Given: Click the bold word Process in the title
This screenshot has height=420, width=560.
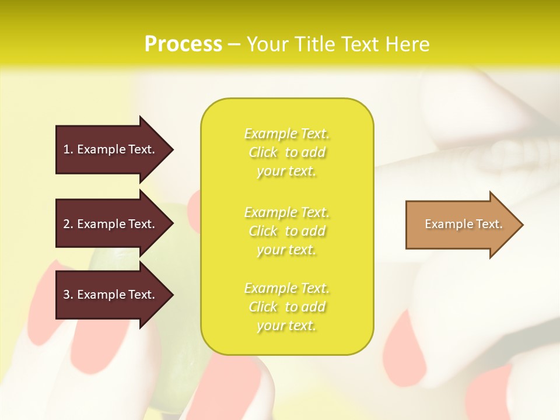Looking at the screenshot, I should coord(183,44).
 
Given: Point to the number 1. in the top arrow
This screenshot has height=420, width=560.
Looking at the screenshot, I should coord(68,149).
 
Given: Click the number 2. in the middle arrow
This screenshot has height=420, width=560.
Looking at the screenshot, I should coord(68,224).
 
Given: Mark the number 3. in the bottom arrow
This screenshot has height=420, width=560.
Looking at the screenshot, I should coord(68,295).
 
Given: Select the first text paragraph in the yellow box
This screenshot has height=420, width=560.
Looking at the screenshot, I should coord(287,152).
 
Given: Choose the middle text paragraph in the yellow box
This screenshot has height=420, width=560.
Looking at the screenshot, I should coord(287,231).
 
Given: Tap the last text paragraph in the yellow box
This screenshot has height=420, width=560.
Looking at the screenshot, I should coord(287,307).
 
